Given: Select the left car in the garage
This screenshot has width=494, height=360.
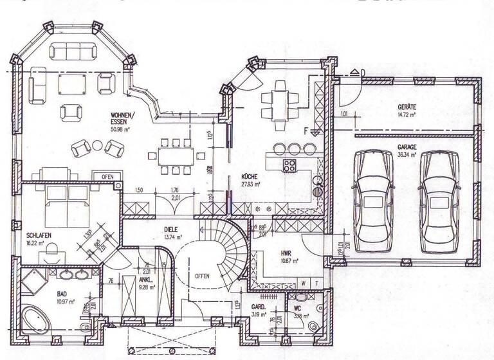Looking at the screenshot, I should click(x=374, y=199).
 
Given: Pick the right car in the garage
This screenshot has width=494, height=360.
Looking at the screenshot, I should click(x=439, y=201).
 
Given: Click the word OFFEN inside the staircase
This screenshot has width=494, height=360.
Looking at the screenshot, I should click(x=202, y=276).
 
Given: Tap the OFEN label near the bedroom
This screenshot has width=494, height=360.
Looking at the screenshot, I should click(x=107, y=176).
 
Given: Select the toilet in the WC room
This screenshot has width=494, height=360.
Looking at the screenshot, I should click(x=313, y=327).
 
